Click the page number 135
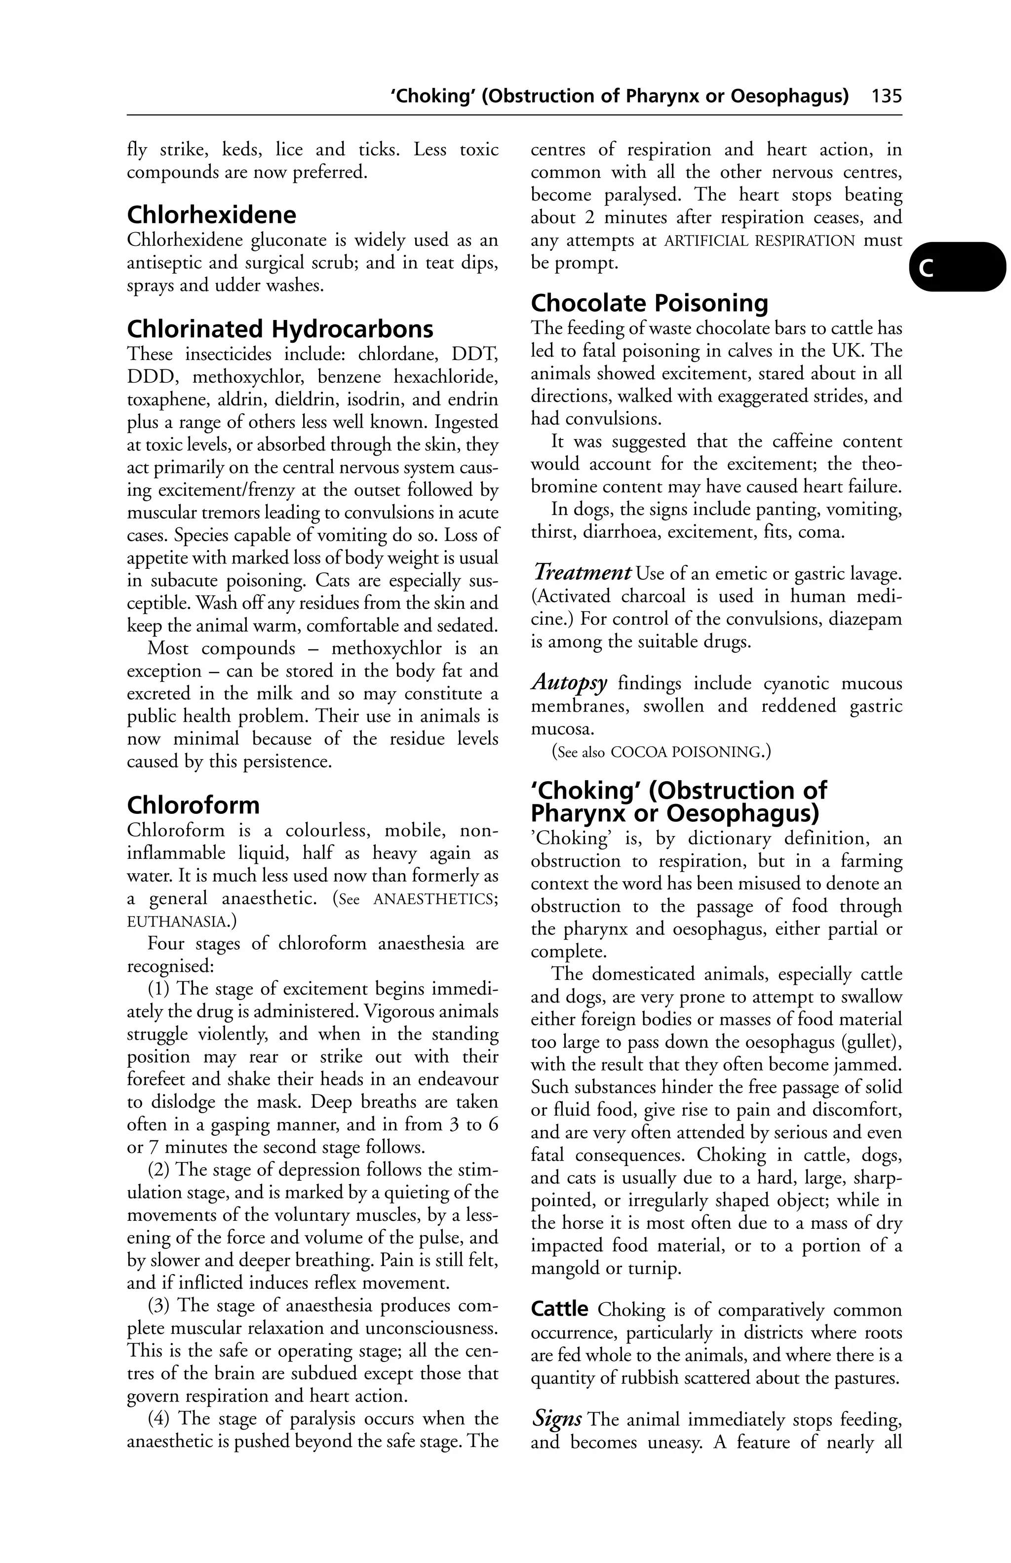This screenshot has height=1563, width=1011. click(x=886, y=96)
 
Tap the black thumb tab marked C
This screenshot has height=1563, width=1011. click(x=957, y=267)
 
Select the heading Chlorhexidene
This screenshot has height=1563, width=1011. click(x=211, y=215)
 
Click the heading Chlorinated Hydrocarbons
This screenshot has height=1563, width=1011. click(x=280, y=328)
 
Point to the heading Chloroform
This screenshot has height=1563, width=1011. click(x=193, y=804)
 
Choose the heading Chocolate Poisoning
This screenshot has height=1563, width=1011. click(x=649, y=303)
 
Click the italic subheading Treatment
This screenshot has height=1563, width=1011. click(x=582, y=573)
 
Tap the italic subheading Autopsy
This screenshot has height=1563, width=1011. click(x=569, y=683)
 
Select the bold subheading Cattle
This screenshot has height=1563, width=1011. click(x=559, y=1310)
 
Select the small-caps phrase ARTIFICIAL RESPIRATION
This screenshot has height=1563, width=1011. click(x=760, y=240)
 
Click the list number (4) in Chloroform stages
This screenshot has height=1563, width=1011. click(x=159, y=1418)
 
